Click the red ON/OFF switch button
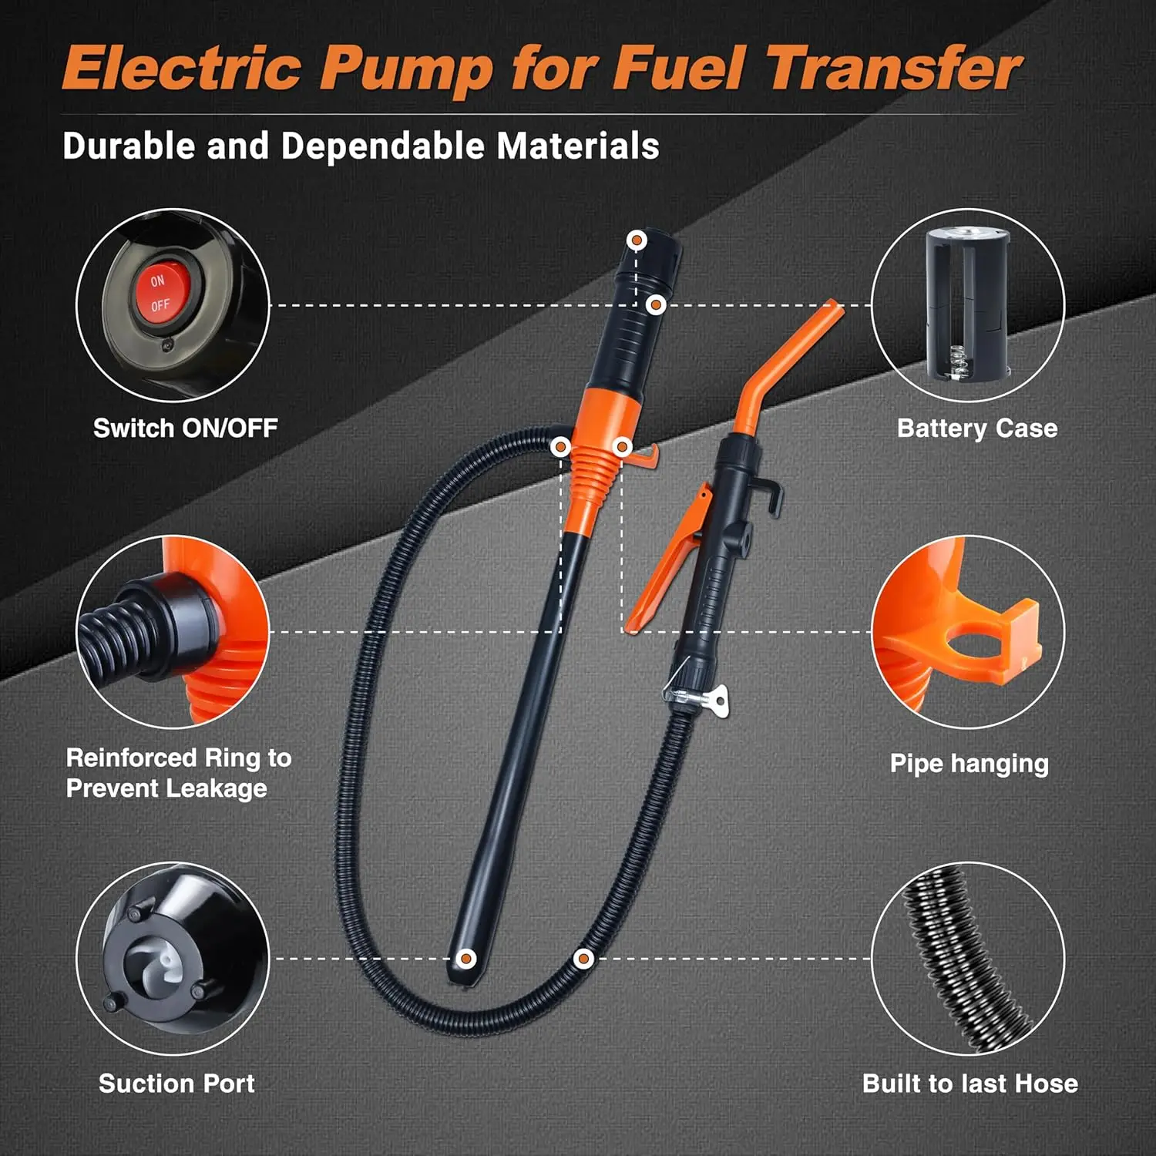[160, 293]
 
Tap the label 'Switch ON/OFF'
[186, 428]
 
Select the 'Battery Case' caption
[977, 428]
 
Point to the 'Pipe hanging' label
[969, 764]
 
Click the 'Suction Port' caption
[176, 1084]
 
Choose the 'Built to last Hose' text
[970, 1084]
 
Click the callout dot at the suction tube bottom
[465, 959]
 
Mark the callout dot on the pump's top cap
[637, 240]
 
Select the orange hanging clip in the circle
[994, 637]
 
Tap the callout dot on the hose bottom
[583, 959]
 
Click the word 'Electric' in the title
[182, 69]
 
